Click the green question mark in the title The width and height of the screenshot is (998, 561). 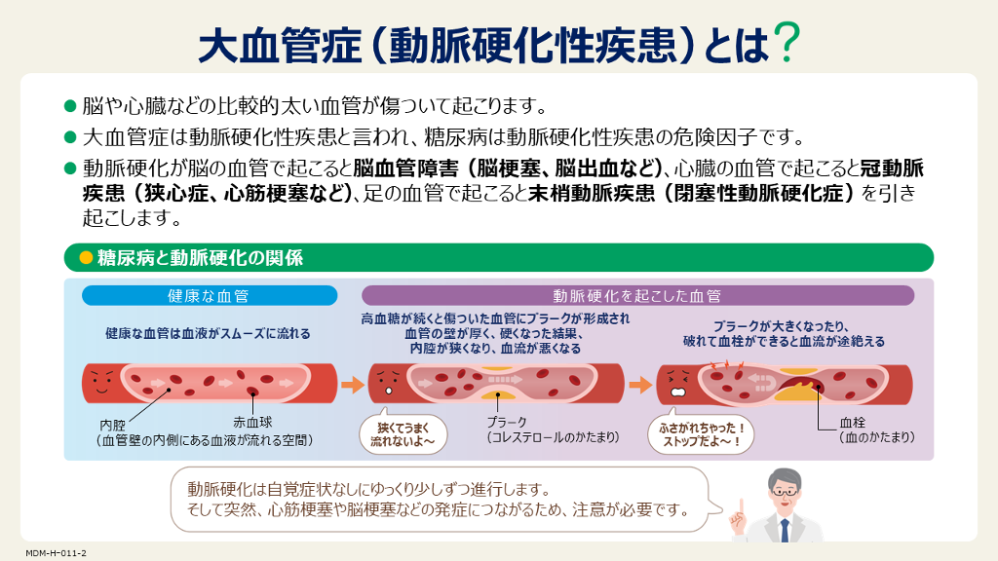pos(787,42)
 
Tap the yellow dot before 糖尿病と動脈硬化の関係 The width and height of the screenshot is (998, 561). pos(86,257)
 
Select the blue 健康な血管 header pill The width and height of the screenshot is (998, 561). pos(210,296)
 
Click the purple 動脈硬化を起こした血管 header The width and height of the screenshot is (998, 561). pos(637,296)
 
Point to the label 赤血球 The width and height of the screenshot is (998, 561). pos(252,422)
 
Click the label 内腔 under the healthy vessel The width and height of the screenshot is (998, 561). pos(113,425)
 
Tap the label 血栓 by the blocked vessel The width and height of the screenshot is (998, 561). pos(852,423)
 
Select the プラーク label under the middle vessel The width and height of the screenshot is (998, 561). pos(507,422)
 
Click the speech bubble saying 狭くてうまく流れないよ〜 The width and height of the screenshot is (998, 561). pos(403,433)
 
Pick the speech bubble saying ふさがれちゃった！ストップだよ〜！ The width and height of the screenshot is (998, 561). pos(701,434)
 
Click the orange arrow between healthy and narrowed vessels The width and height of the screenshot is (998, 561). pos(353,384)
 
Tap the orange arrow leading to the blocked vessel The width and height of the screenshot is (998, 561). pos(641,384)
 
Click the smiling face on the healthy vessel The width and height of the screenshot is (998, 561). pos(101,382)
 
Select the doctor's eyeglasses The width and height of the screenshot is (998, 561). pos(786,492)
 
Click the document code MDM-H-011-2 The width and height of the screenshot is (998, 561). pos(56,553)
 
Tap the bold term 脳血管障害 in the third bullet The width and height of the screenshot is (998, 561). pos(406,168)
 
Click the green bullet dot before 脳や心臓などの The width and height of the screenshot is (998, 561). pos(70,105)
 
